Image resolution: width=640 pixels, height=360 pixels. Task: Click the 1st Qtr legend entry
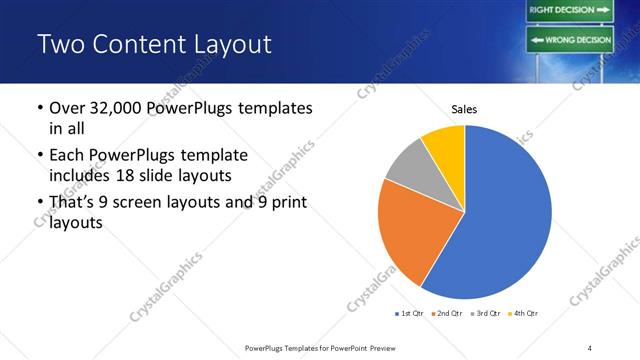(408, 314)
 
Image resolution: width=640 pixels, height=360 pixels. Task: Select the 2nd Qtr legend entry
(446, 314)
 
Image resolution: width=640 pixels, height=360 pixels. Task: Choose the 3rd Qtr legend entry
(484, 314)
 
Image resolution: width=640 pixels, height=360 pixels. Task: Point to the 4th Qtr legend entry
(522, 314)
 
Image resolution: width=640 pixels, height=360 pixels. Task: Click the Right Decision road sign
(568, 10)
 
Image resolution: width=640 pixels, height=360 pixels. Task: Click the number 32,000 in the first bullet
(124, 107)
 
